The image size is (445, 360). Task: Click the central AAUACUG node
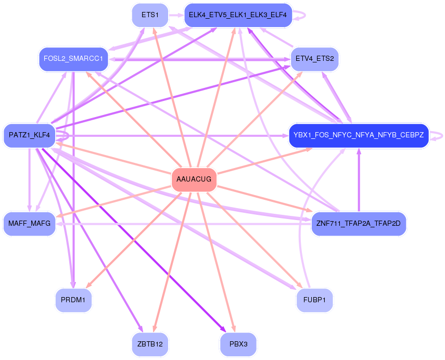[194, 179]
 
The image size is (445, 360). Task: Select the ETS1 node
[150, 15]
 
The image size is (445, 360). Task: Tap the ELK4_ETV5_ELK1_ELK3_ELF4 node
[238, 15]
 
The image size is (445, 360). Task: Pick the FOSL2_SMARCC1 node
[73, 59]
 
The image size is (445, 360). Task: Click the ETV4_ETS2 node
[315, 59]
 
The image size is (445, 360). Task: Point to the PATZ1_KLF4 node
[30, 135]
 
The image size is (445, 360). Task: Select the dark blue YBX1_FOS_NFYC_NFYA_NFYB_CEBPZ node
[359, 135]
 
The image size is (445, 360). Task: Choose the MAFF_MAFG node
[30, 224]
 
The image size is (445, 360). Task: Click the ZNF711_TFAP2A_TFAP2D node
[359, 224]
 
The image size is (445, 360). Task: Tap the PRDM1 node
[73, 300]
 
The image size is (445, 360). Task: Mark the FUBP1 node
[315, 300]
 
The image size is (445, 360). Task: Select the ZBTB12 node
[150, 344]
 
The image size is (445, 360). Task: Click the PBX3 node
[238, 344]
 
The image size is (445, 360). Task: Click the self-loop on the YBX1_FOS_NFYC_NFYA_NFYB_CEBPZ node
[437, 136]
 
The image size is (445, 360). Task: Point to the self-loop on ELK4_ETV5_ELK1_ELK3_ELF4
[299, 15]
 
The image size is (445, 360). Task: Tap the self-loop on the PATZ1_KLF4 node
[63, 136]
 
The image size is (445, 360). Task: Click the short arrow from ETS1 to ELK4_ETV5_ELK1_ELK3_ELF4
[176, 15]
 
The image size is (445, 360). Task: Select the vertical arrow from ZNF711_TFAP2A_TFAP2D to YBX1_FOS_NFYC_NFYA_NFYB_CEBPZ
[359, 180]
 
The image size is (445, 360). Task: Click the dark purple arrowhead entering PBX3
[223, 329]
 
